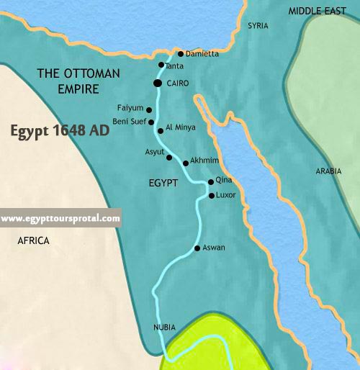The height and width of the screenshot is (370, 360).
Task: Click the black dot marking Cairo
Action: [x=158, y=84]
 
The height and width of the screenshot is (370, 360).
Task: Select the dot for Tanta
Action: [x=161, y=65]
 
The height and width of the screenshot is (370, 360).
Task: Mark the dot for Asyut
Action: [x=169, y=157]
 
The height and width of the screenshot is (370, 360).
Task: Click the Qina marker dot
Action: [x=210, y=182]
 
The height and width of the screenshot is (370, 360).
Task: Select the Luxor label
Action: [x=226, y=195]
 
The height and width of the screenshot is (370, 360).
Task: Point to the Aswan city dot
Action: [x=197, y=249]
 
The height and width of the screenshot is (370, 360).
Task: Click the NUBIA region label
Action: [x=164, y=327]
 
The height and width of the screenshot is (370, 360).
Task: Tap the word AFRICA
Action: [x=33, y=241]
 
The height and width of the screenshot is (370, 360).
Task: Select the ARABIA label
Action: [x=328, y=171]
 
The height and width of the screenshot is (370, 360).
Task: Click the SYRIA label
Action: [x=258, y=26]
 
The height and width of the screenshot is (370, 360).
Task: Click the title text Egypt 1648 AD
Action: [x=63, y=132]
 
